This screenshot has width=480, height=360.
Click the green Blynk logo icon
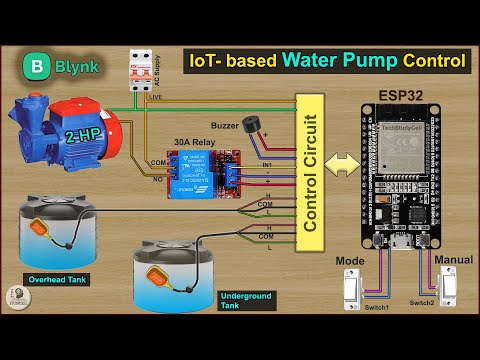35,70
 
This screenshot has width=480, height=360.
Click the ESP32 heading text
398,97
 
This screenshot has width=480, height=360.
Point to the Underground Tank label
240,299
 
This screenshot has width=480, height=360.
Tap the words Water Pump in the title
339,59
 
